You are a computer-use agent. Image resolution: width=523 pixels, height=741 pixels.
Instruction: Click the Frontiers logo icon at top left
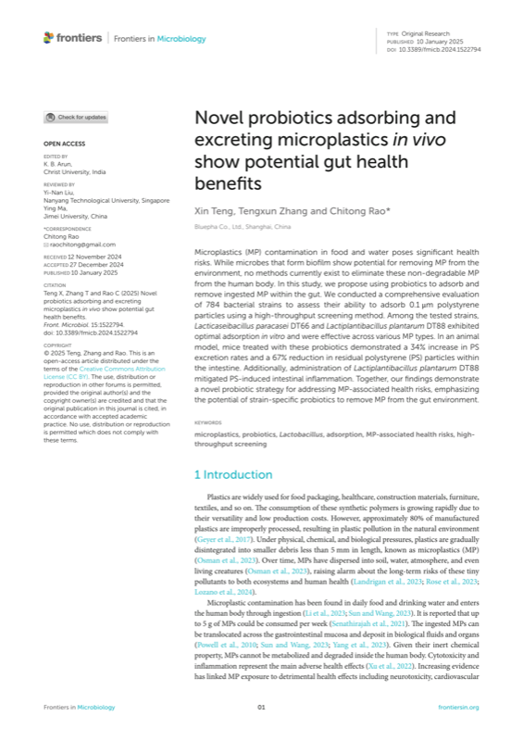[x=48, y=38]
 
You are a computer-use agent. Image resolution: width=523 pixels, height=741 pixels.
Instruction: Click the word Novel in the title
[x=218, y=119]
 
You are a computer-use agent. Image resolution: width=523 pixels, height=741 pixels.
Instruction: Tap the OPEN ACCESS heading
[x=63, y=144]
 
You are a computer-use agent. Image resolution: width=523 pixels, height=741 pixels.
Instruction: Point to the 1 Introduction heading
[x=233, y=475]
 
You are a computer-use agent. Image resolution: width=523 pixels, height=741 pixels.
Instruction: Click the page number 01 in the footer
[x=261, y=708]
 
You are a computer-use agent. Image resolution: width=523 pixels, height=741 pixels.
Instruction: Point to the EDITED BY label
[x=56, y=158]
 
